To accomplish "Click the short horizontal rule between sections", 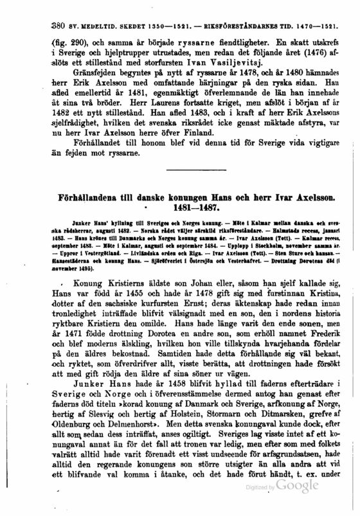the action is tap(184, 186).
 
